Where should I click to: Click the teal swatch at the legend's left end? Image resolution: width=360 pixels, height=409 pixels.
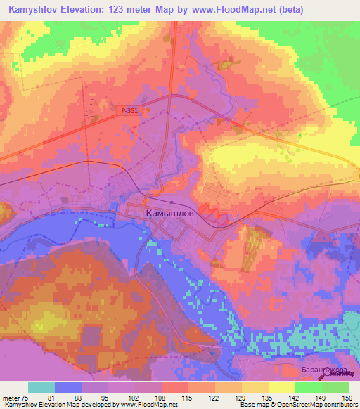(x=41, y=387)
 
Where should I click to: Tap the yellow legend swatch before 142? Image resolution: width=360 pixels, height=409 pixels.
(x=281, y=387)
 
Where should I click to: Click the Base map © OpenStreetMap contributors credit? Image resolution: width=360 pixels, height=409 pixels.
(x=298, y=405)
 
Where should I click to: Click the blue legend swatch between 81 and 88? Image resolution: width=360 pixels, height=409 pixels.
(x=68, y=387)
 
